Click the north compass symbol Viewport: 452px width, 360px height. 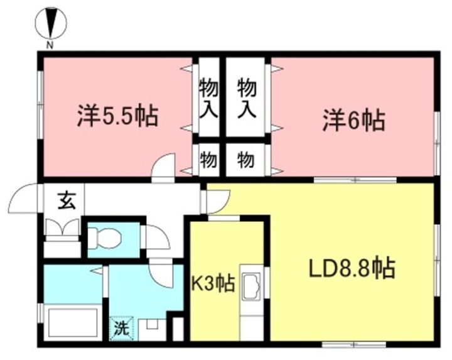[51, 23]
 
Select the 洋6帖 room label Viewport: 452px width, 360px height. [353, 120]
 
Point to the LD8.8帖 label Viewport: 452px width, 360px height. [352, 268]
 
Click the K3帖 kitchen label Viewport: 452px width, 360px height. [213, 283]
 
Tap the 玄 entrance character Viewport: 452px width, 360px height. [67, 200]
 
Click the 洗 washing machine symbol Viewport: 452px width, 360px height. [121, 329]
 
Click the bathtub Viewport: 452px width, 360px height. [73, 322]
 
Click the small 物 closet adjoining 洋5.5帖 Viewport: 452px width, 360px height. [208, 160]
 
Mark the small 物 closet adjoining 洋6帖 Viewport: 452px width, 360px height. [245, 160]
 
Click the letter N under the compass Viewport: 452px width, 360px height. [50, 45]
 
